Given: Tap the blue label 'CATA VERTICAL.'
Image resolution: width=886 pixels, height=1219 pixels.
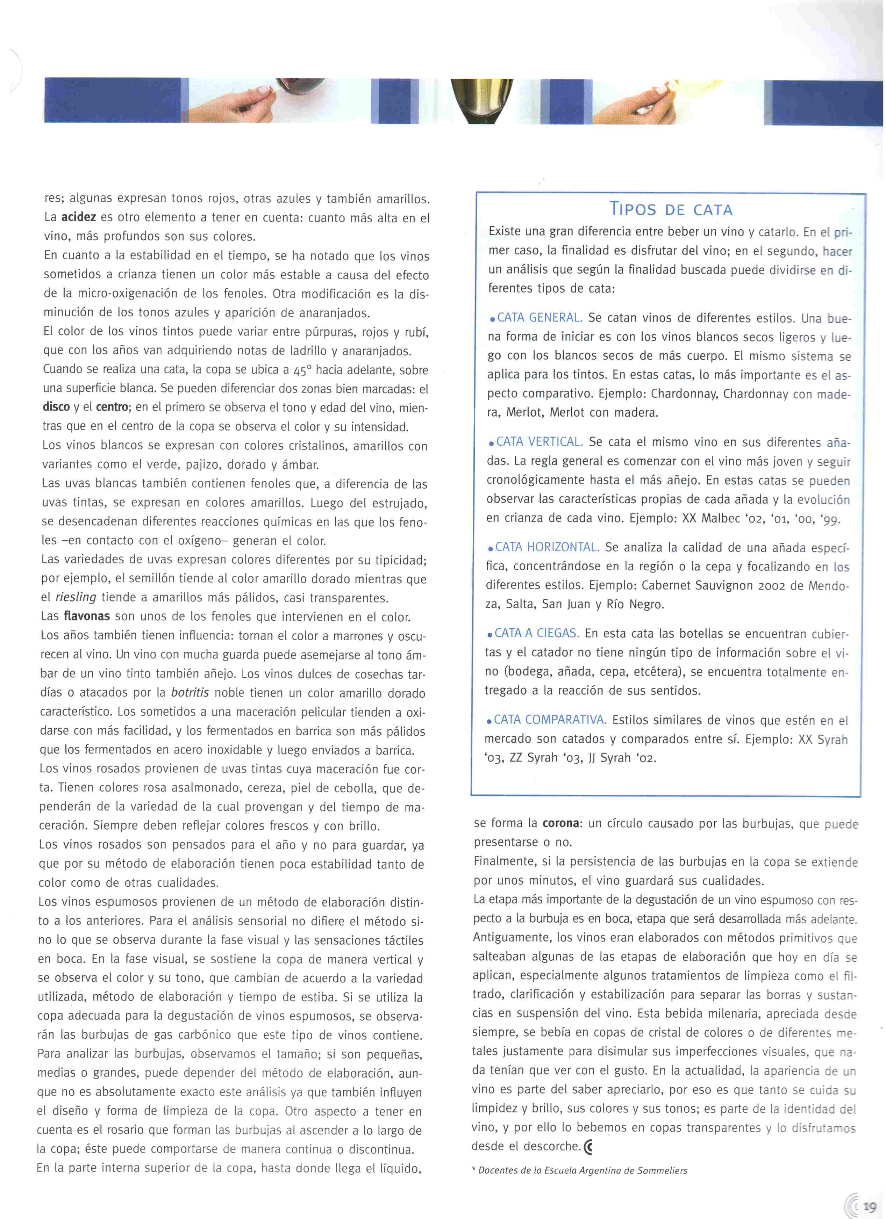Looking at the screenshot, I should click(539, 442).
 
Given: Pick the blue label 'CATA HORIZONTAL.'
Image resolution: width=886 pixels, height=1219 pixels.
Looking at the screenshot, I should click(547, 547).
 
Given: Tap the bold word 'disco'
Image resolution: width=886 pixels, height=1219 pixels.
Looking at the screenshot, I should click(56, 407).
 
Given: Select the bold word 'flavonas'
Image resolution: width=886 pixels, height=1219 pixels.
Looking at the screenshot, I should click(87, 616).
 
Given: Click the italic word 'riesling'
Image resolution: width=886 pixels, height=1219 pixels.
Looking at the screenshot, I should click(76, 597).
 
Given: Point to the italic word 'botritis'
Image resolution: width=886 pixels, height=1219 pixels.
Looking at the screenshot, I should click(190, 692).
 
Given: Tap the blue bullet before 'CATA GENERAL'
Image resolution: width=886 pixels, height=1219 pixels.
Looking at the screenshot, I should click(492, 320).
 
